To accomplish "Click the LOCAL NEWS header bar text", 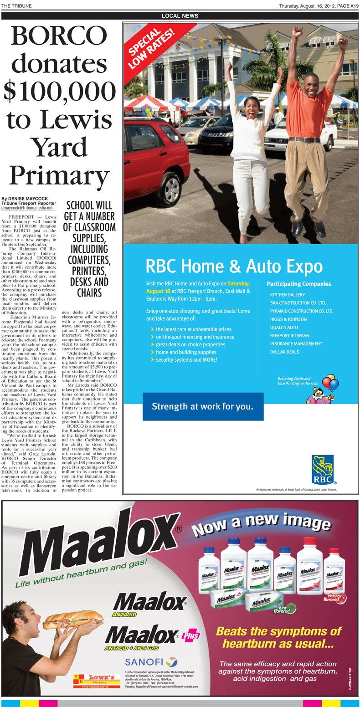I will tap(180, 16).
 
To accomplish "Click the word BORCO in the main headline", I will tap(58, 37).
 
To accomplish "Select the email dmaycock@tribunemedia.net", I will tap(27, 208).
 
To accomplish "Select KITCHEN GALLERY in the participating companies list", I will tap(287, 295).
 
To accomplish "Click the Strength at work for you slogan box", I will tap(202, 406).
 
